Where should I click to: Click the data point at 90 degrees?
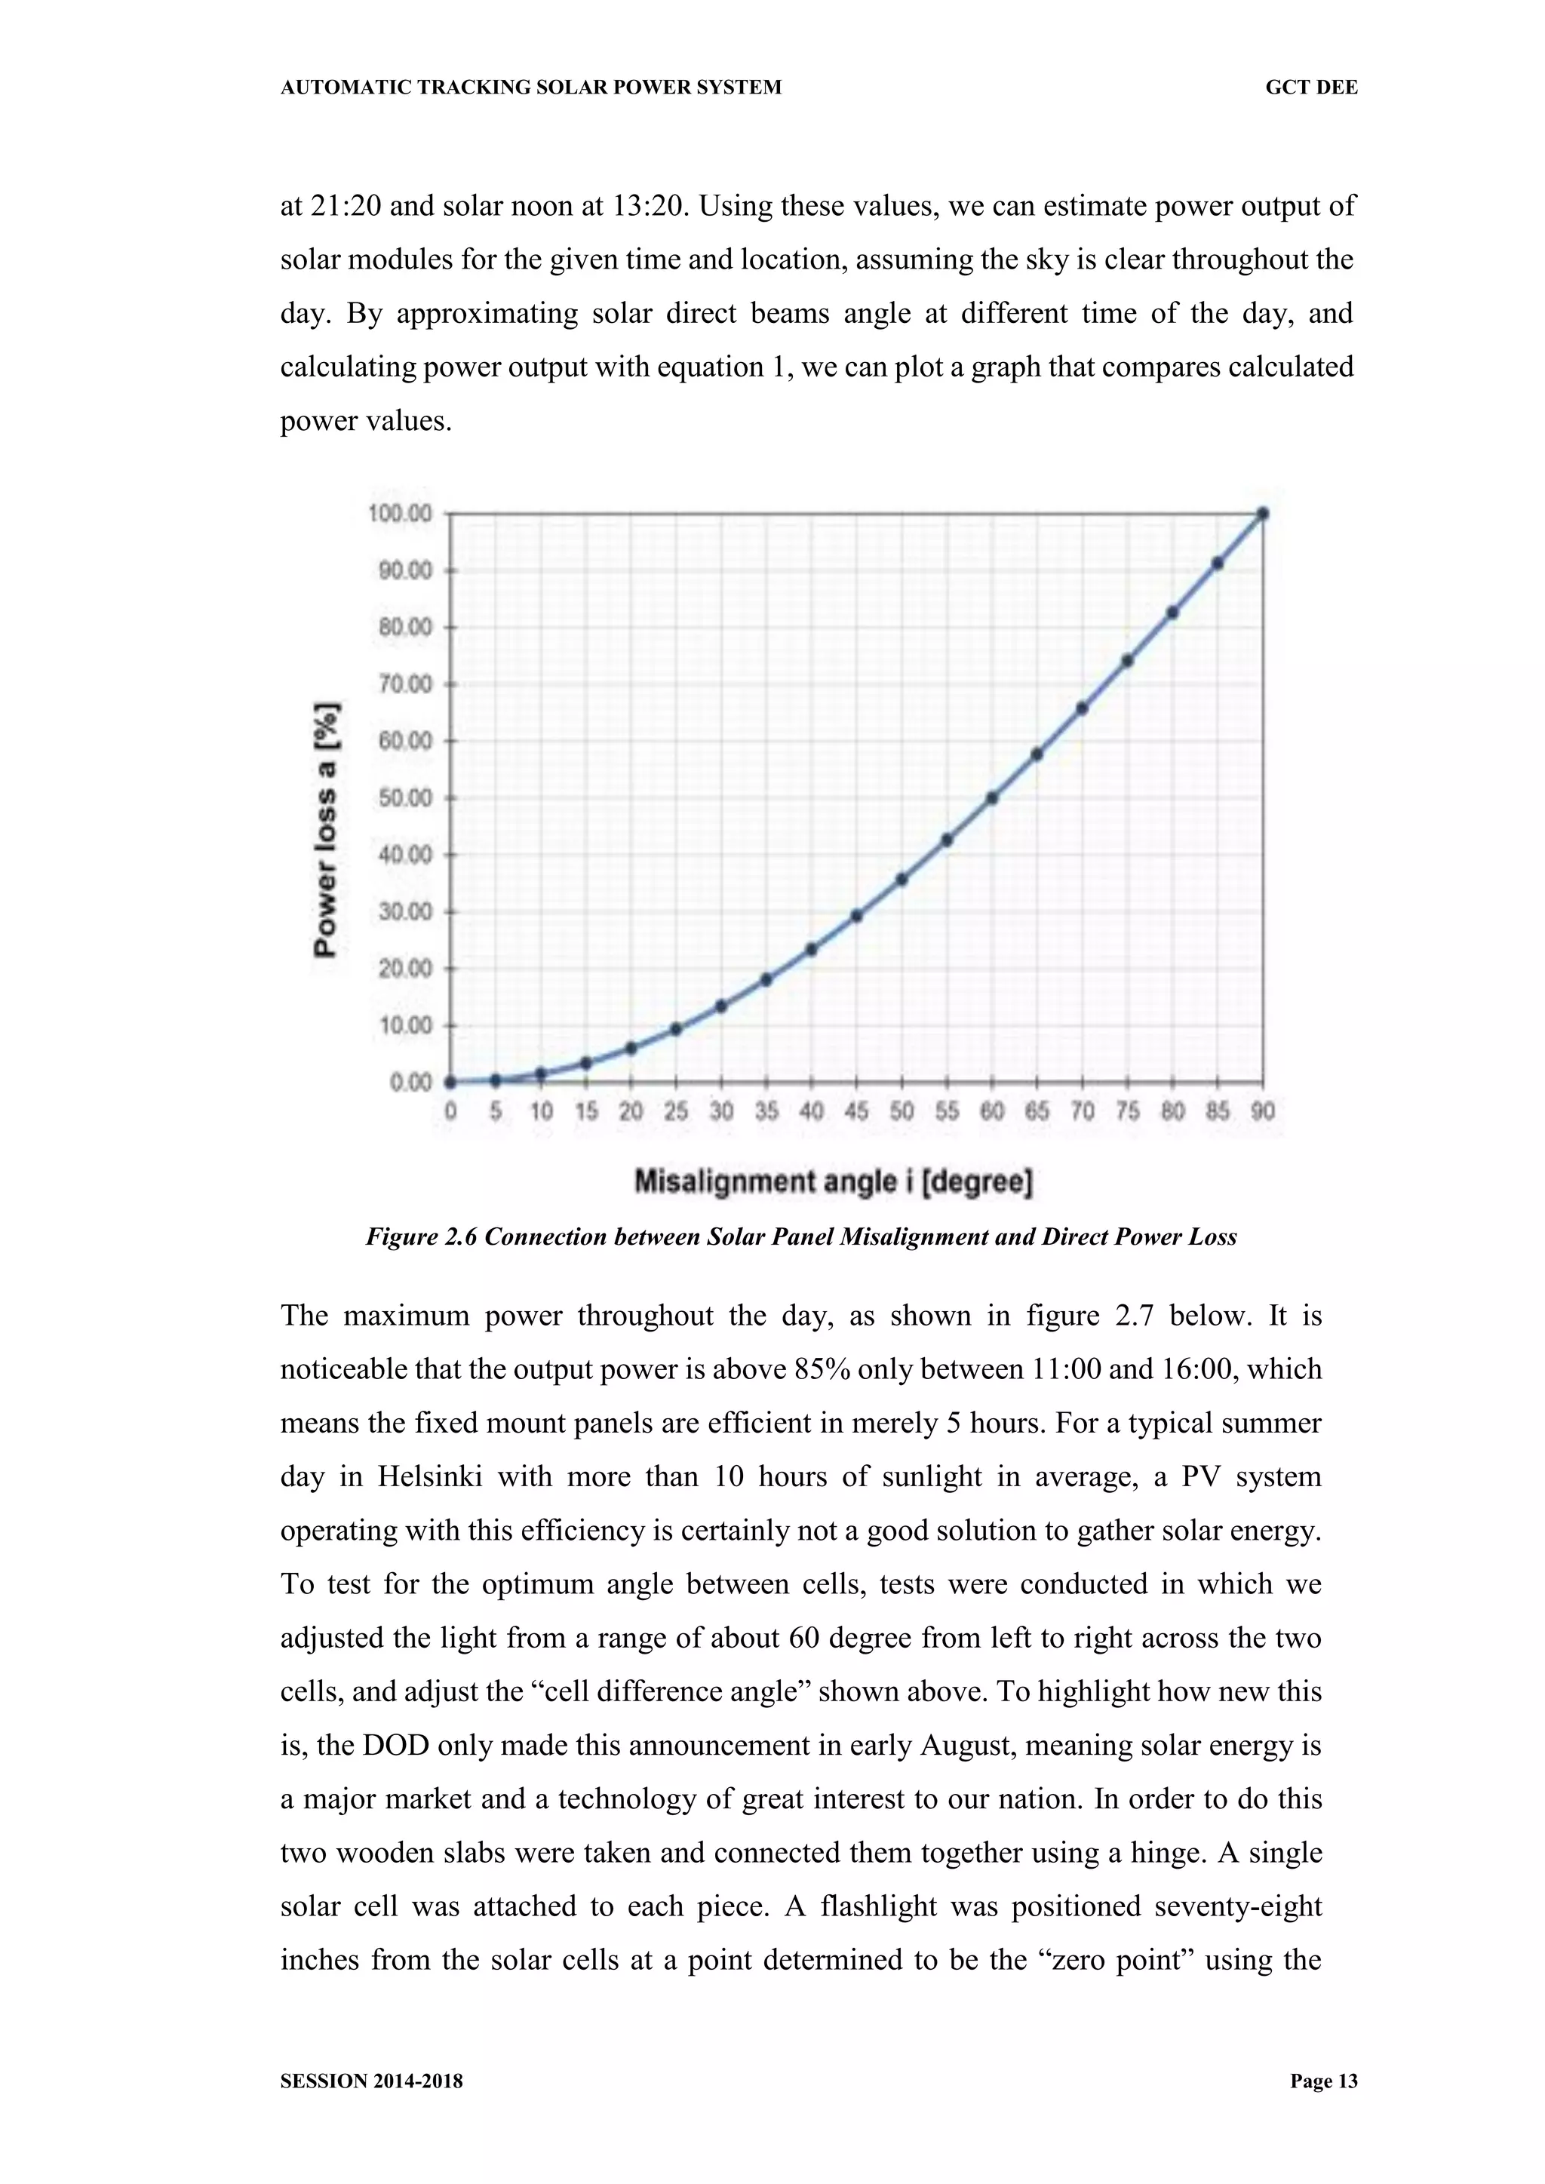[1262, 514]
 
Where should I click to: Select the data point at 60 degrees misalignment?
[992, 798]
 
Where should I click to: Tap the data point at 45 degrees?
[856, 916]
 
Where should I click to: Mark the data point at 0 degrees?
[450, 1082]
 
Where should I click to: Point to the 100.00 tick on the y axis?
[400, 514]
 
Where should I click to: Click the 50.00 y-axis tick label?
[405, 798]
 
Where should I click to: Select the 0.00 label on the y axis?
[410, 1083]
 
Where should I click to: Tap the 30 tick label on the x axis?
[721, 1111]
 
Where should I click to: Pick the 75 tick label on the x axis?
[1127, 1111]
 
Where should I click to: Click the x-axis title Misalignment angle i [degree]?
[834, 1182]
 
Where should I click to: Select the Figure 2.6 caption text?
[801, 1237]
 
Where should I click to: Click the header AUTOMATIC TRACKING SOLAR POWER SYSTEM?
[531, 88]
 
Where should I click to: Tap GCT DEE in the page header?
[1311, 88]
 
